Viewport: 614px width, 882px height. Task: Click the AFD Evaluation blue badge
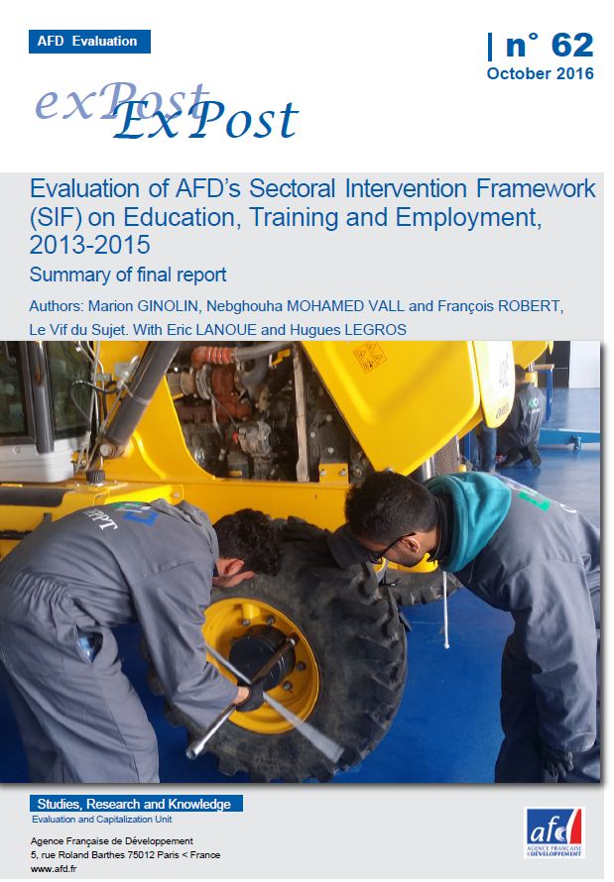click(89, 42)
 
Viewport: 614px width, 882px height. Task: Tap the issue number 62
click(572, 45)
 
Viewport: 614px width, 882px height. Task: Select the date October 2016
click(541, 73)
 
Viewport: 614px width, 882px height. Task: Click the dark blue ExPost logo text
click(206, 119)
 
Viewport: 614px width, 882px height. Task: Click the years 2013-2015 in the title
click(90, 245)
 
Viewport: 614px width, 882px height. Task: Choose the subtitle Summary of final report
click(128, 275)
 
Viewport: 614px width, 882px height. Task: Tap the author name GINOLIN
click(168, 306)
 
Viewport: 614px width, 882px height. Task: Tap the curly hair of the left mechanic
click(248, 540)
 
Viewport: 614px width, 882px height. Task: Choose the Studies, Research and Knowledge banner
click(136, 804)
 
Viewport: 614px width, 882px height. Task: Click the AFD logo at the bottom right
click(554, 832)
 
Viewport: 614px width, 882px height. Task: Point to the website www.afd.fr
click(54, 868)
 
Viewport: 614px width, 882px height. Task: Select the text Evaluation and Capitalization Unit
click(102, 820)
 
